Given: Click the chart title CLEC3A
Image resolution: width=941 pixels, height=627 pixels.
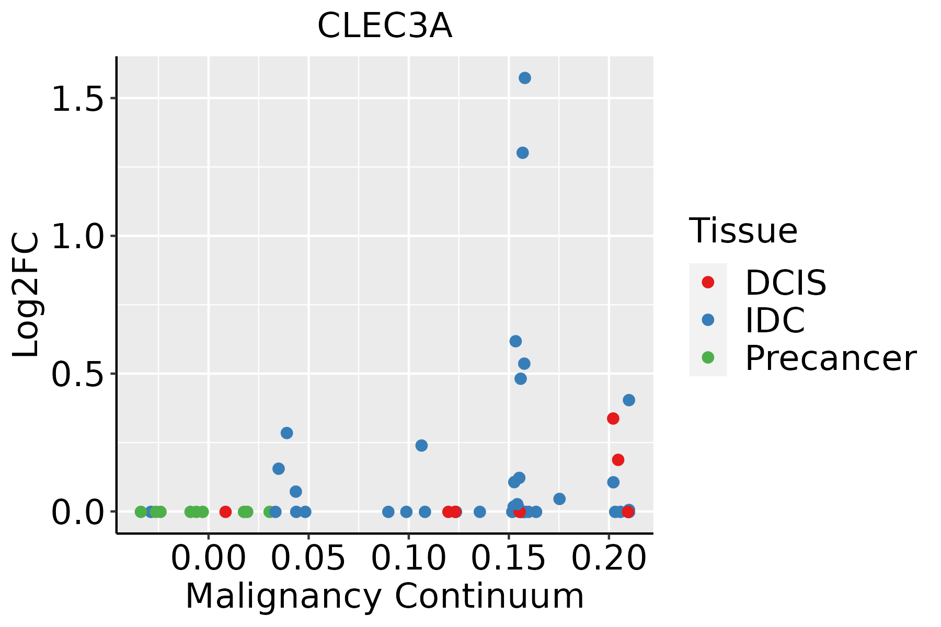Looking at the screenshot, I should coord(384,26).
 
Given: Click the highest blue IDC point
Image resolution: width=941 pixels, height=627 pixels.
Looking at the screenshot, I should coord(525,78).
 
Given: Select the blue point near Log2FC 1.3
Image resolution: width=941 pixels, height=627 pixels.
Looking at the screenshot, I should coord(522,153).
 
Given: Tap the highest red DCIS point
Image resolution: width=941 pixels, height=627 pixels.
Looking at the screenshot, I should coord(613,418).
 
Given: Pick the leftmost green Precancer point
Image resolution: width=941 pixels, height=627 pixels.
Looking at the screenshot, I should coord(141,512).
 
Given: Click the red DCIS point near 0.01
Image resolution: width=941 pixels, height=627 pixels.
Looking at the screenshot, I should coord(225,512).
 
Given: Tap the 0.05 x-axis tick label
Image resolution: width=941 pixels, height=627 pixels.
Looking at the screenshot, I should coord(308,558).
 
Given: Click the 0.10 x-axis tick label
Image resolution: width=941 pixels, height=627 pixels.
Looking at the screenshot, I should coord(409,558).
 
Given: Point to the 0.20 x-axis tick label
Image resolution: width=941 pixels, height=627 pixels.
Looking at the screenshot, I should coord(609,558).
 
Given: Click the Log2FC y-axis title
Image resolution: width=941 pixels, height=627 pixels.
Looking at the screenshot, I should coord(26,295).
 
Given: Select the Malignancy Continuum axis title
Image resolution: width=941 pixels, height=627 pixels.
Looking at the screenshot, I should coord(384,597).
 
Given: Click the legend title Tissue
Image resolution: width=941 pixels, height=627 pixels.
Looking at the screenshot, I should coord(743,230).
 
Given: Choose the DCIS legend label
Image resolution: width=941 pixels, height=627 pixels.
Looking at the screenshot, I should coord(785,283).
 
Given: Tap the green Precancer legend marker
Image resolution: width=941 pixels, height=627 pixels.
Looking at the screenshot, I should coord(708,357).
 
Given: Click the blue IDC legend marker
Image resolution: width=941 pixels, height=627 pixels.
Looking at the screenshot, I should coord(708,320).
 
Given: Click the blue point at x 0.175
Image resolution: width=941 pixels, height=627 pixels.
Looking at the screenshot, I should coord(559,499).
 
